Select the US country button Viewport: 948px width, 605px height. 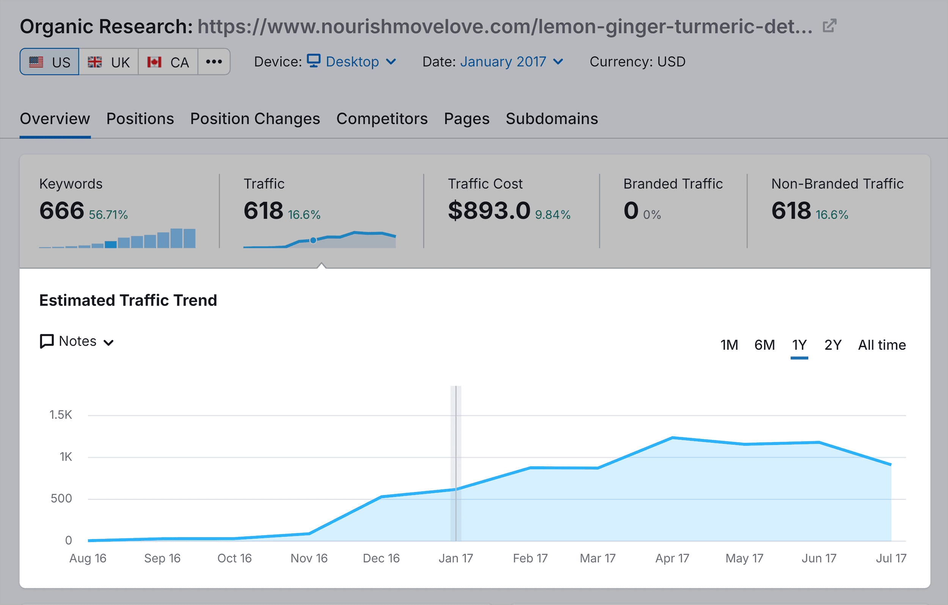pyautogui.click(x=50, y=62)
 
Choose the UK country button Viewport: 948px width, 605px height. pyautogui.click(x=109, y=62)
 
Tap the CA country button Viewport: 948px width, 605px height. pyautogui.click(x=168, y=62)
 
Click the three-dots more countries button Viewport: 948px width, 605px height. pyautogui.click(x=214, y=62)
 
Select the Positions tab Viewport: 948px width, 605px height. pyautogui.click(x=140, y=119)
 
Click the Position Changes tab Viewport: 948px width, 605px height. pyautogui.click(x=255, y=119)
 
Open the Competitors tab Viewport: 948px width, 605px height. pyautogui.click(x=381, y=119)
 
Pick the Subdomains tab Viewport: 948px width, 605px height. pyautogui.click(x=552, y=119)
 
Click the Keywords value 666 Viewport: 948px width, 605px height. pyautogui.click(x=62, y=211)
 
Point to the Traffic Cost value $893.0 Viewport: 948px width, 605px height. pyautogui.click(x=489, y=211)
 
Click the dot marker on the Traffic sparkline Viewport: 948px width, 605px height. pyautogui.click(x=313, y=240)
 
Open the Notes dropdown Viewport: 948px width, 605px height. pyautogui.click(x=77, y=341)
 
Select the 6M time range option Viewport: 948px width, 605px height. pyautogui.click(x=764, y=345)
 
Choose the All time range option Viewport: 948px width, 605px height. pyautogui.click(x=882, y=345)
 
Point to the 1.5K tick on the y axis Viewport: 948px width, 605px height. pyautogui.click(x=61, y=414)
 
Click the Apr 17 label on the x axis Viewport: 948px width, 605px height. pyautogui.click(x=672, y=558)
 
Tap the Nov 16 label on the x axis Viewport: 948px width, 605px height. pyautogui.click(x=309, y=558)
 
